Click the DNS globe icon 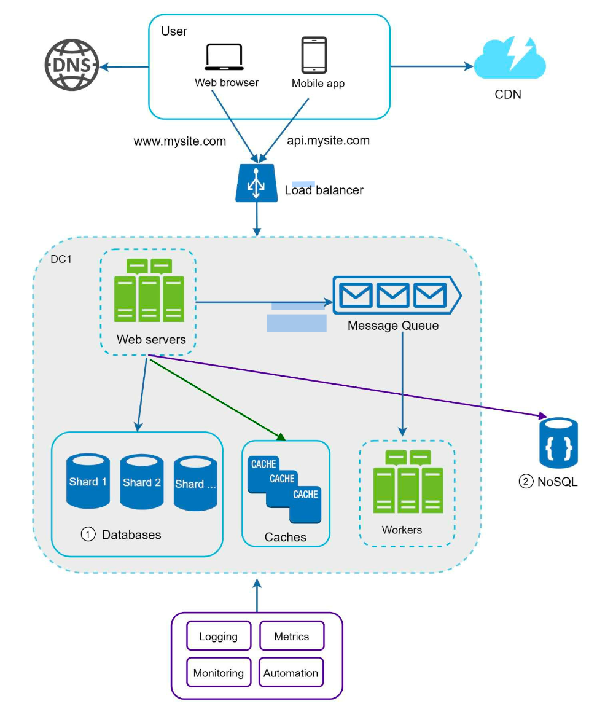[71, 65]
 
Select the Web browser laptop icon [224, 57]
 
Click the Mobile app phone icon [314, 55]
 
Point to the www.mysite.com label [180, 141]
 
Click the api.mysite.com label [328, 141]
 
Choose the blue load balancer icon [256, 182]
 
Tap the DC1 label [61, 259]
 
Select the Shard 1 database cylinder [88, 481]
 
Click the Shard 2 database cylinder [142, 482]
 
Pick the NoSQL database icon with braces [558, 443]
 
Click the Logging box [219, 637]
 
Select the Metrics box [292, 637]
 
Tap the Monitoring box [219, 672]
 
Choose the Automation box [291, 672]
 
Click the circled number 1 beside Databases [88, 535]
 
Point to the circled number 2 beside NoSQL [526, 481]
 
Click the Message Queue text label [393, 326]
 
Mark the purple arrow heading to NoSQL [348, 386]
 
